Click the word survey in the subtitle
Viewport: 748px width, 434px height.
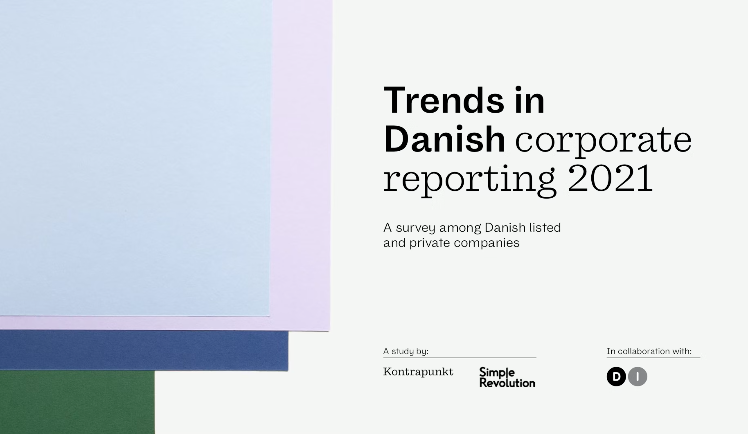[x=415, y=228]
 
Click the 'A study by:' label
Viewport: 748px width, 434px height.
[x=406, y=351]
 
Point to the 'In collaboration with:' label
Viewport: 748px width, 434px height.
[x=649, y=351]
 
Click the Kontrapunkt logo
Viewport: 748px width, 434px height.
[x=418, y=372]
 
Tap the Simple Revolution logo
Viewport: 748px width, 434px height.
[x=507, y=377]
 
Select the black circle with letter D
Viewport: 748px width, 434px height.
[x=616, y=376]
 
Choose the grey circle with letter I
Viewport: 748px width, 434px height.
[x=638, y=376]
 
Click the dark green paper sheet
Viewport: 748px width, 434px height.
[x=77, y=402]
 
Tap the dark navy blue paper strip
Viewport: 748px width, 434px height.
[x=144, y=350]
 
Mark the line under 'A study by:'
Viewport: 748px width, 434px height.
[x=460, y=358]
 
